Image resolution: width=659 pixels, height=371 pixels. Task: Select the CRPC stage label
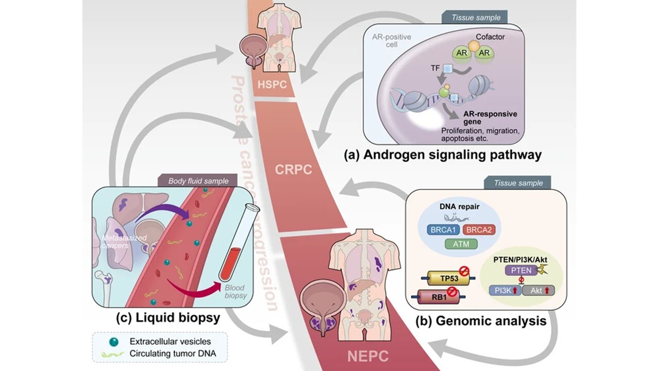point(293,169)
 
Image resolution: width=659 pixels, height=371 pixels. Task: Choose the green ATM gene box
point(462,244)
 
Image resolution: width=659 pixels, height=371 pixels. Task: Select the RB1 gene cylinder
point(436,297)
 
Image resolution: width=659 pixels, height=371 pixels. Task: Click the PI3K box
point(505,291)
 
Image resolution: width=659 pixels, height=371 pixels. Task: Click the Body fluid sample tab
point(198,181)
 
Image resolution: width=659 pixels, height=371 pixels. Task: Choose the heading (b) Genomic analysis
point(481,321)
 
